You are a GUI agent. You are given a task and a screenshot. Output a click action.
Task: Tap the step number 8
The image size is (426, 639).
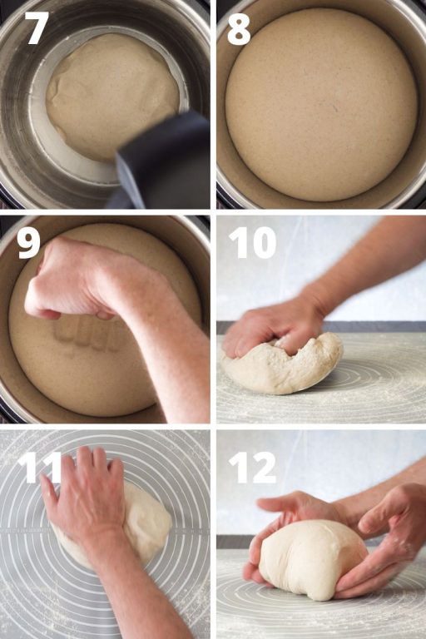(x=239, y=29)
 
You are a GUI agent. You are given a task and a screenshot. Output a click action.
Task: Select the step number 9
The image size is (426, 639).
(x=28, y=243)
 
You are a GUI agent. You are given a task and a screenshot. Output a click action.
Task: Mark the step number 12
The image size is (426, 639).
(x=251, y=468)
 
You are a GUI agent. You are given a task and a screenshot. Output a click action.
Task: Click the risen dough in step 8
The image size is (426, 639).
(x=320, y=104)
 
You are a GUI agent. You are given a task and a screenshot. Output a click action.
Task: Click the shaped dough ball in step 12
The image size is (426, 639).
(x=312, y=557)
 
